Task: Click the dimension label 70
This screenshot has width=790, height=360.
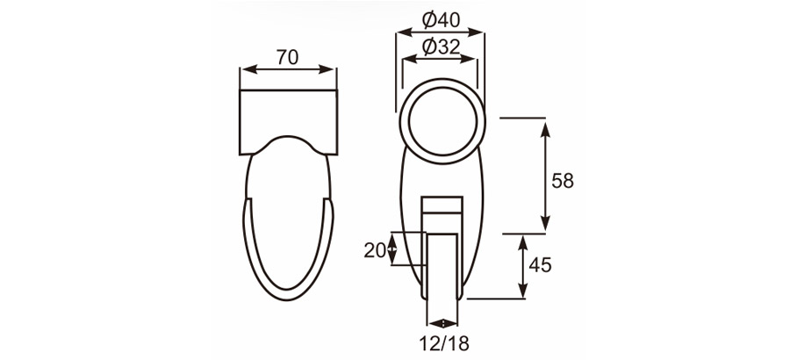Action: [287, 57]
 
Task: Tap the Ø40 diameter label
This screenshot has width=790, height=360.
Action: [441, 18]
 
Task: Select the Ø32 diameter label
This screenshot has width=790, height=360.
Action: [441, 47]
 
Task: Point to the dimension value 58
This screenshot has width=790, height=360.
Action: [563, 180]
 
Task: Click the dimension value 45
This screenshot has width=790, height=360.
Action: [541, 265]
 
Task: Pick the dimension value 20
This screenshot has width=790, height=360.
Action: [374, 249]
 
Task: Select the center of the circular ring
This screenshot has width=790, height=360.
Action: [441, 120]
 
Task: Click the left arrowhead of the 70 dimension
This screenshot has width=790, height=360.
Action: [245, 70]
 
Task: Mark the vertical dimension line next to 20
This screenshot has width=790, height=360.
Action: [392, 248]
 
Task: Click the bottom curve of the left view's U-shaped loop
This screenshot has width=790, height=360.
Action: [288, 293]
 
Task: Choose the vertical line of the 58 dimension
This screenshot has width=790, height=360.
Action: [546, 176]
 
